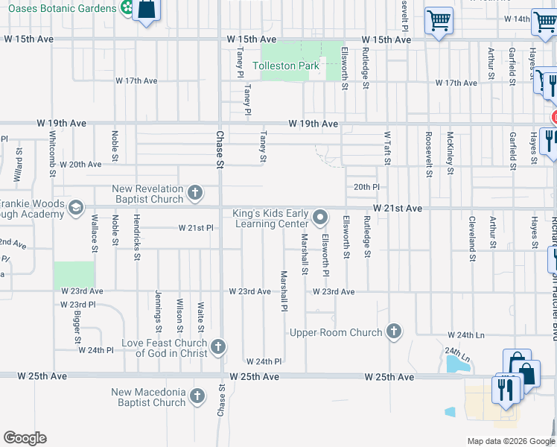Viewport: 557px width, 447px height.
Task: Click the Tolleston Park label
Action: point(286,66)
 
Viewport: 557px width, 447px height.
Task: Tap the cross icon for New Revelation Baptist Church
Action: point(194,193)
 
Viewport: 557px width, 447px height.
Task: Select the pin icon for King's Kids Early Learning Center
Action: point(321,218)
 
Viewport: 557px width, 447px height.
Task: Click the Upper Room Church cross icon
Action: point(394,332)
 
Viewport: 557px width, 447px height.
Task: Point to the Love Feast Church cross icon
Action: point(218,346)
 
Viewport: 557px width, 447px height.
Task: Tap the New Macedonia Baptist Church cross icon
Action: point(197,397)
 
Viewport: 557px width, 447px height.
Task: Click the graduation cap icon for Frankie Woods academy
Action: point(75,209)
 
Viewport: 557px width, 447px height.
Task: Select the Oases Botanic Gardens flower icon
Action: point(127,8)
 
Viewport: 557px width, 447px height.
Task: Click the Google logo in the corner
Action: point(25,438)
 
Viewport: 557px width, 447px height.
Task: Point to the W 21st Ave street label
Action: point(398,209)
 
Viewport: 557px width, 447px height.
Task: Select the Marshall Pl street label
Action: point(284,291)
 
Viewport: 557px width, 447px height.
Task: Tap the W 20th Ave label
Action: point(80,164)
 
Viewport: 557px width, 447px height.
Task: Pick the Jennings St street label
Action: point(158,311)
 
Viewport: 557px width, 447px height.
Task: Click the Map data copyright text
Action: point(510,441)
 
